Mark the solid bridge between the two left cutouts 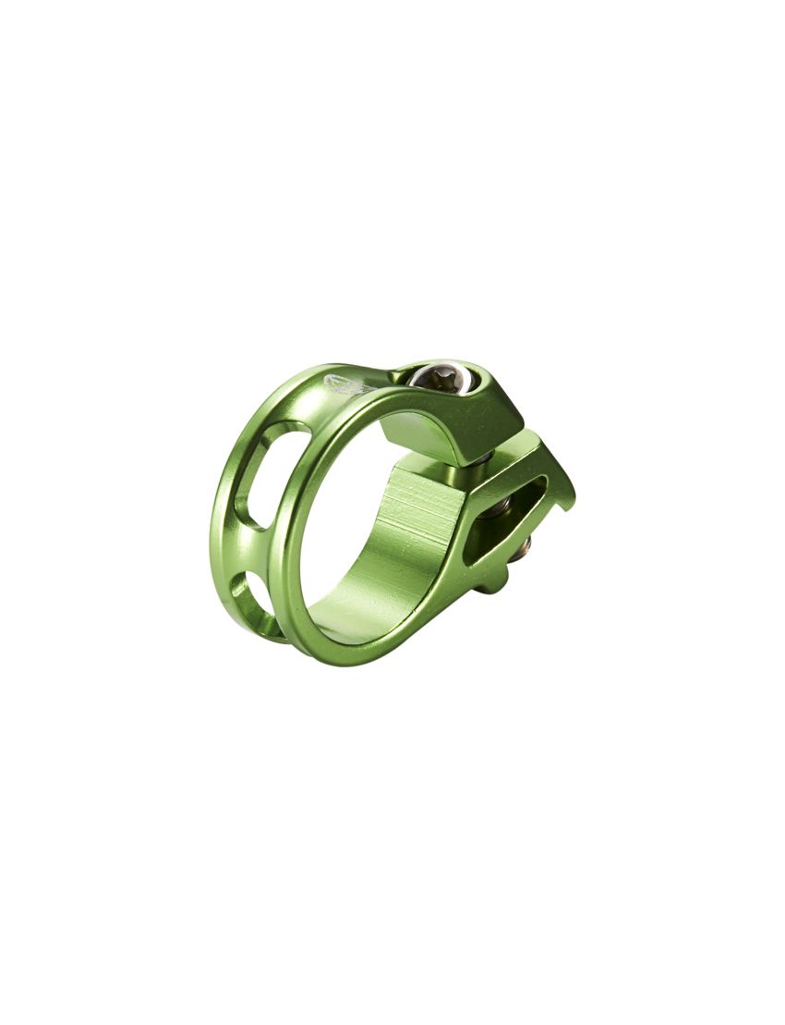[x=242, y=550]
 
